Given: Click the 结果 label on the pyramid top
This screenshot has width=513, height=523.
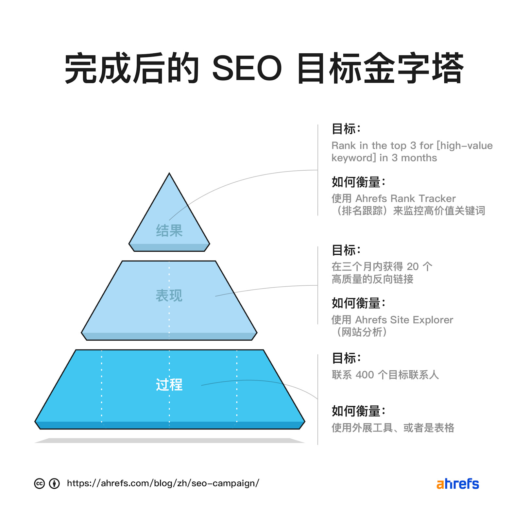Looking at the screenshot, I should click(169, 231).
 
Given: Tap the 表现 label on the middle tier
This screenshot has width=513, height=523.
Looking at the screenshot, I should click(169, 296).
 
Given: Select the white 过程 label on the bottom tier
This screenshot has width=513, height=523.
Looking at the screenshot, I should click(169, 385).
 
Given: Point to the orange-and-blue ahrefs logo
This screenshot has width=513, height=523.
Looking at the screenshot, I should click(457, 484).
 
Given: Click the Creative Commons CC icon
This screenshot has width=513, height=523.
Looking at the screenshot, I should click(39, 483).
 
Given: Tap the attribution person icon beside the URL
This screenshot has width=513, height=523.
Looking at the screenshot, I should click(54, 483).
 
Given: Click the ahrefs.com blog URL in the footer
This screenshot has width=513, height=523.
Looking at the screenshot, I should click(163, 483).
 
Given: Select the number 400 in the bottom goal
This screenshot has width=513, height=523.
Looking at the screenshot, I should click(365, 375).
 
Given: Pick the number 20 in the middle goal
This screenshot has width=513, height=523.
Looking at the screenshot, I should click(413, 267).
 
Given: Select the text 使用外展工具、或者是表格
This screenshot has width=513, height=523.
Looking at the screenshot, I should click(393, 428).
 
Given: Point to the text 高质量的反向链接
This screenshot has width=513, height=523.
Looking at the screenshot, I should click(372, 279).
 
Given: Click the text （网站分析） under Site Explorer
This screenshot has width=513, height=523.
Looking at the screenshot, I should click(362, 332).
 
